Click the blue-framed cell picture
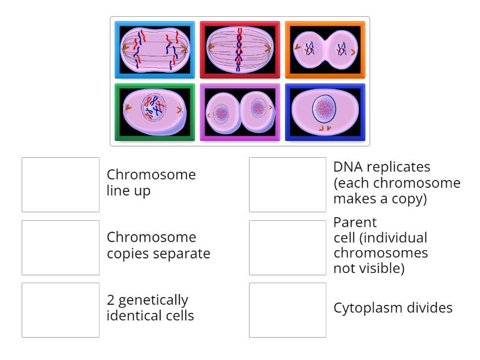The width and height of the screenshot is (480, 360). (155, 50)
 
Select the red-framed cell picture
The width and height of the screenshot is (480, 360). (240, 50)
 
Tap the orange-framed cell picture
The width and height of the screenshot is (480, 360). (325, 50)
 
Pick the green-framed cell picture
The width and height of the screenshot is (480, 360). (155, 112)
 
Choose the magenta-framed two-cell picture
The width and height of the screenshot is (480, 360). (240, 112)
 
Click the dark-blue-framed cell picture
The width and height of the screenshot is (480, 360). (325, 112)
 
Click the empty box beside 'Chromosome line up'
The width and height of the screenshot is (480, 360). (61, 185)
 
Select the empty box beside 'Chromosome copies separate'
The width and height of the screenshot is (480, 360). (61, 247)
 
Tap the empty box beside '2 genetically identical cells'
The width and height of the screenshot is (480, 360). (61, 310)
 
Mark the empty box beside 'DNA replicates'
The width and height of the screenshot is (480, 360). (287, 185)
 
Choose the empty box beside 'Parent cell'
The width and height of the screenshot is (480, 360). (287, 247)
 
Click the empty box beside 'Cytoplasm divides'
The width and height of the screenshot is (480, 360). (287, 310)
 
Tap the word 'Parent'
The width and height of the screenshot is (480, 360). (355, 223)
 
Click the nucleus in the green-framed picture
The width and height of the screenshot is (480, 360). (154, 109)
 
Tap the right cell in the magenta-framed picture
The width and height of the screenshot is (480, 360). (259, 109)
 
